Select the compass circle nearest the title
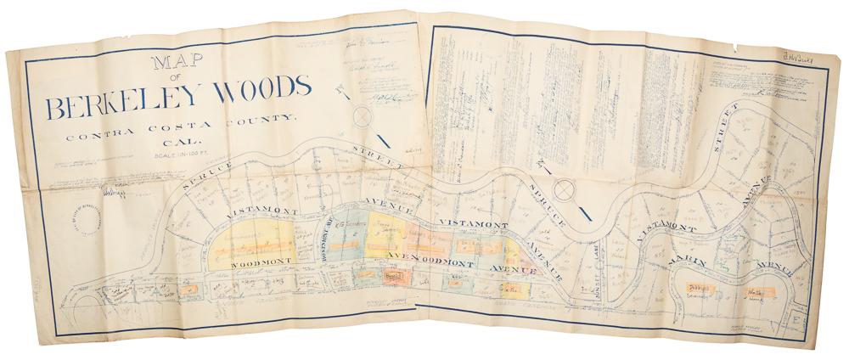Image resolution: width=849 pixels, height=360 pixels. click(363, 116)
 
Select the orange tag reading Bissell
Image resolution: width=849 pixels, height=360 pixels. click(393, 277)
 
